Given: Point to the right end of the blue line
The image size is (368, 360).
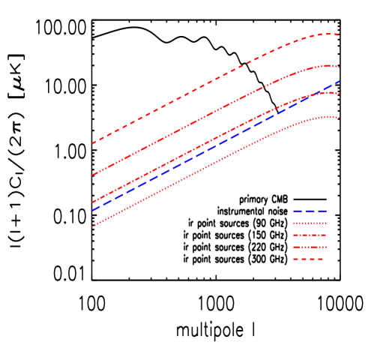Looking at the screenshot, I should pos(340,81).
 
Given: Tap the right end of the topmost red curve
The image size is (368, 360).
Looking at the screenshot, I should pos(340,34).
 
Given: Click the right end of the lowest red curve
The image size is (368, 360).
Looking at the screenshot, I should pos(340,118).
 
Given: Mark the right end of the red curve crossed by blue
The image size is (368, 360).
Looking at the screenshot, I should pos(340,94).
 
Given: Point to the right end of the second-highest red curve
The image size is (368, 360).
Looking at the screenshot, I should pos(340,67).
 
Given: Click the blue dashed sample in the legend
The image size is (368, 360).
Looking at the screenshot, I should pos(310,211).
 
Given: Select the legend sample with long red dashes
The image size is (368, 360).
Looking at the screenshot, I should pos(308,259).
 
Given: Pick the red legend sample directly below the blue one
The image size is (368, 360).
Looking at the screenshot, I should pos(310,223).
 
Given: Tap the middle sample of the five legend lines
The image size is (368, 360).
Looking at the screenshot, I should pos(310,235).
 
